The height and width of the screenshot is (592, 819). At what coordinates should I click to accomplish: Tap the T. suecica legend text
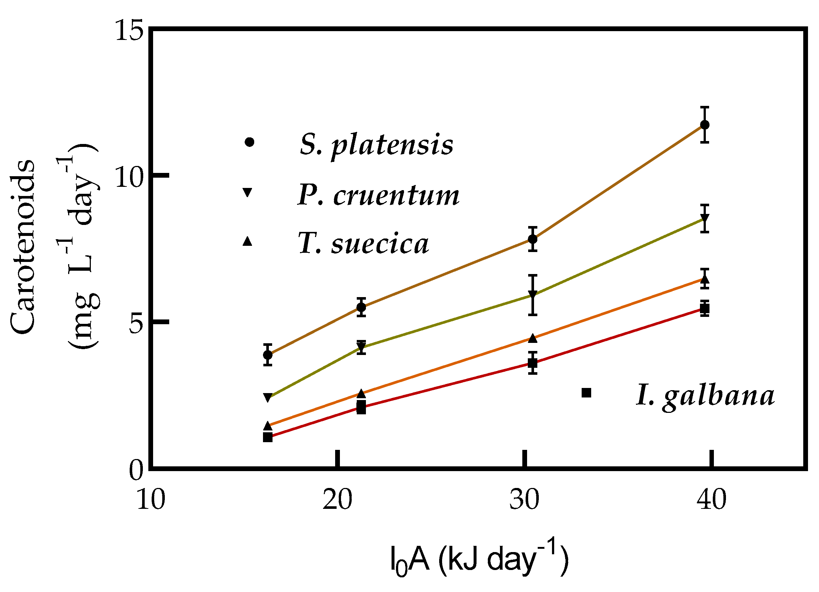[x=363, y=244]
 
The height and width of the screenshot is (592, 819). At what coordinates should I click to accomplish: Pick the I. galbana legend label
[x=705, y=396]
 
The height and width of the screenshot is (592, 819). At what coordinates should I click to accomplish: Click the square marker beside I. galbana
[x=586, y=393]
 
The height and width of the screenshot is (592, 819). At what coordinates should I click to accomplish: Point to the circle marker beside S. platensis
[x=249, y=142]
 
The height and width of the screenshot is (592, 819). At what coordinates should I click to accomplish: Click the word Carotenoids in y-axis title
[x=23, y=246]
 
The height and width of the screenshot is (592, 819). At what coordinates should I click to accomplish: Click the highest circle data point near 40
[x=705, y=125]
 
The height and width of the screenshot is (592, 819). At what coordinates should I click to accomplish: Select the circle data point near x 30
[x=533, y=239]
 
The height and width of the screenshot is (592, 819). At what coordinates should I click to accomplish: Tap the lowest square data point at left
[x=268, y=437]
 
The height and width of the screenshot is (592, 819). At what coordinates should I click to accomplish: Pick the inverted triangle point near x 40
[x=705, y=219]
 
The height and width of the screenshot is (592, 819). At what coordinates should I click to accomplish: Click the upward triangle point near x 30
[x=533, y=338]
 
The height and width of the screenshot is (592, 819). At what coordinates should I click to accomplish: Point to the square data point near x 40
[x=705, y=308]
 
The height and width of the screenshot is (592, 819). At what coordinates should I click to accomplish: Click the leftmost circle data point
[x=268, y=355]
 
